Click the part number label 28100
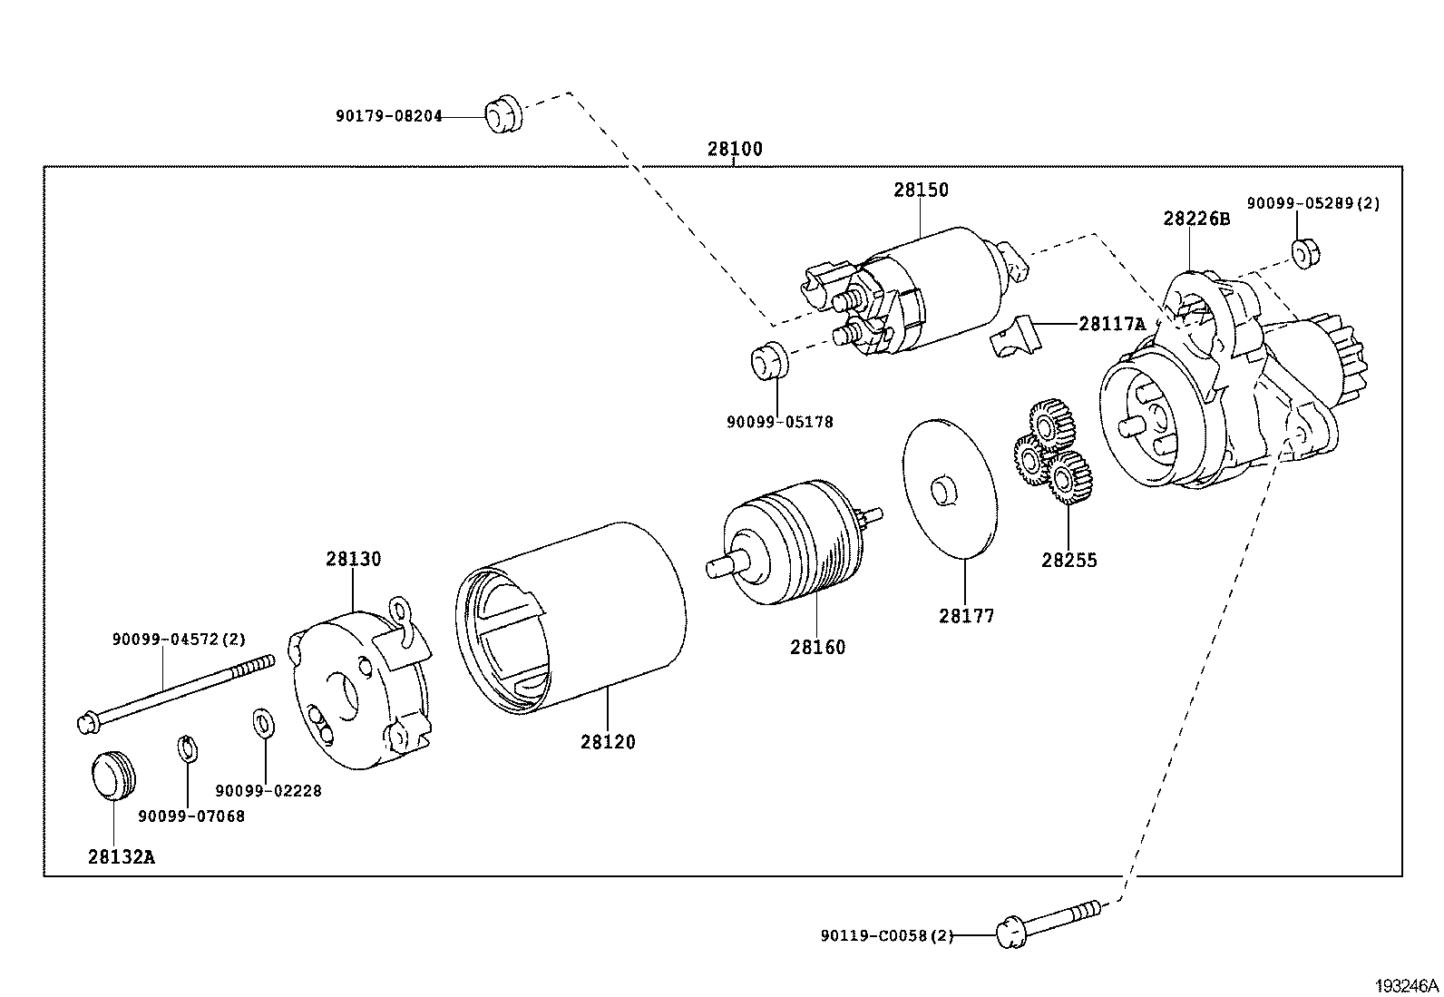point(735,150)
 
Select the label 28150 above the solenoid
point(921,190)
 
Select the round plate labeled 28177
point(950,487)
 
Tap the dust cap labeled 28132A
point(112,775)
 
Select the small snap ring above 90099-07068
point(187,749)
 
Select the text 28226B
point(1196,219)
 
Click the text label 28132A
point(121,856)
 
